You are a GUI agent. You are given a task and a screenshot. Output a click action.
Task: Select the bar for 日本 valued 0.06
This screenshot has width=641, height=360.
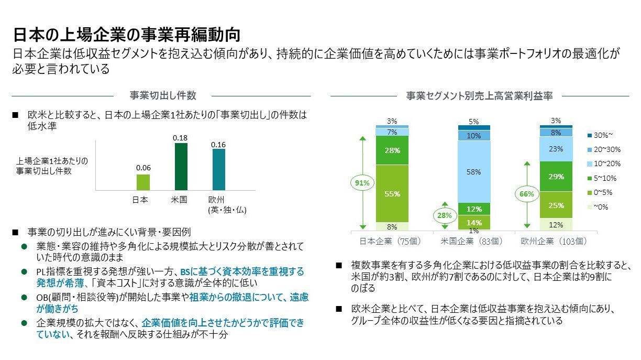143,182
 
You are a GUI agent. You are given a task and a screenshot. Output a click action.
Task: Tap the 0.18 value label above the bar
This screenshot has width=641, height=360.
181,137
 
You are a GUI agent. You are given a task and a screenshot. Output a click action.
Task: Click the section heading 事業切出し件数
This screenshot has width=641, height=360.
163,95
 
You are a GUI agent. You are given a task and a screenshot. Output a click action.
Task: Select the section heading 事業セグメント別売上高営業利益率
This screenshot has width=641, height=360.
479,95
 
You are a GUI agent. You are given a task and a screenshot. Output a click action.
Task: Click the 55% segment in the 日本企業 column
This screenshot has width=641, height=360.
392,193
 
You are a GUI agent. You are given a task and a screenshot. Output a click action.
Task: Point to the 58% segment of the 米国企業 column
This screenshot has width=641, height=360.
474,171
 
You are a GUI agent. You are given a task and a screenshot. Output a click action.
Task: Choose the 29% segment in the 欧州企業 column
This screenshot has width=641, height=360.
556,177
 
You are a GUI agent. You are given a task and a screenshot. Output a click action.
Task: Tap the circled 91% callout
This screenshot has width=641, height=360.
362,183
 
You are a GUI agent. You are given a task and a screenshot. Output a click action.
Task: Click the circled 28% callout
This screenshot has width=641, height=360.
445,215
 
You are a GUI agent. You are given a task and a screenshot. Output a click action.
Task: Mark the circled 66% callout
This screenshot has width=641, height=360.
526,194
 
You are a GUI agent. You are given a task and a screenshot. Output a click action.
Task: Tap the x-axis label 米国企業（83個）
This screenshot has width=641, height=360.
474,241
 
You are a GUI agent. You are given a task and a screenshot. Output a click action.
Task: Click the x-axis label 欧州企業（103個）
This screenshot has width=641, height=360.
554,241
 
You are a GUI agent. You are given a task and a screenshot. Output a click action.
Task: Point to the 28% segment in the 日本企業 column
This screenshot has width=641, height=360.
392,150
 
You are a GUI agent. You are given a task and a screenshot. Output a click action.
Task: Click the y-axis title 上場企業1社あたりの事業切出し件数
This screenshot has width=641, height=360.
52,166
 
